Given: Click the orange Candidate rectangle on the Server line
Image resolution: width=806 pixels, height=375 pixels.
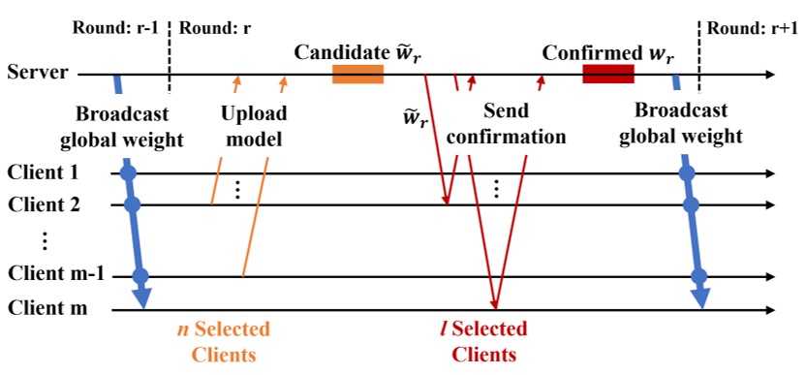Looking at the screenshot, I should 357,74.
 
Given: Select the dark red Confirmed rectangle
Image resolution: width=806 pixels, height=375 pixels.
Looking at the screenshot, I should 607,74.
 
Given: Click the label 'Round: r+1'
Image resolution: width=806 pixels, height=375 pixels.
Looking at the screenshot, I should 749,26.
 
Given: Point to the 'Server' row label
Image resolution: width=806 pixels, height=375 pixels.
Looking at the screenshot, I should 38,72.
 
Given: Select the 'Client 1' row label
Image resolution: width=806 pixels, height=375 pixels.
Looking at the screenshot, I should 44,173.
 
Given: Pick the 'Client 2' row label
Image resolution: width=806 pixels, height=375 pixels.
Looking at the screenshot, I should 44,204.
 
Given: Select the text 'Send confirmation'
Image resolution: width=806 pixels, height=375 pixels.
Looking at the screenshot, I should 511,125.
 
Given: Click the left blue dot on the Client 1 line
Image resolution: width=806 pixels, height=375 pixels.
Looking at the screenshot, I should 126,174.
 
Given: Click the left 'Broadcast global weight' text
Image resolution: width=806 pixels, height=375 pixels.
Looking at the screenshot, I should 121,125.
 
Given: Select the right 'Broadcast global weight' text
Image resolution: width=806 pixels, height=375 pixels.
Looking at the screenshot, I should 682,125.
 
